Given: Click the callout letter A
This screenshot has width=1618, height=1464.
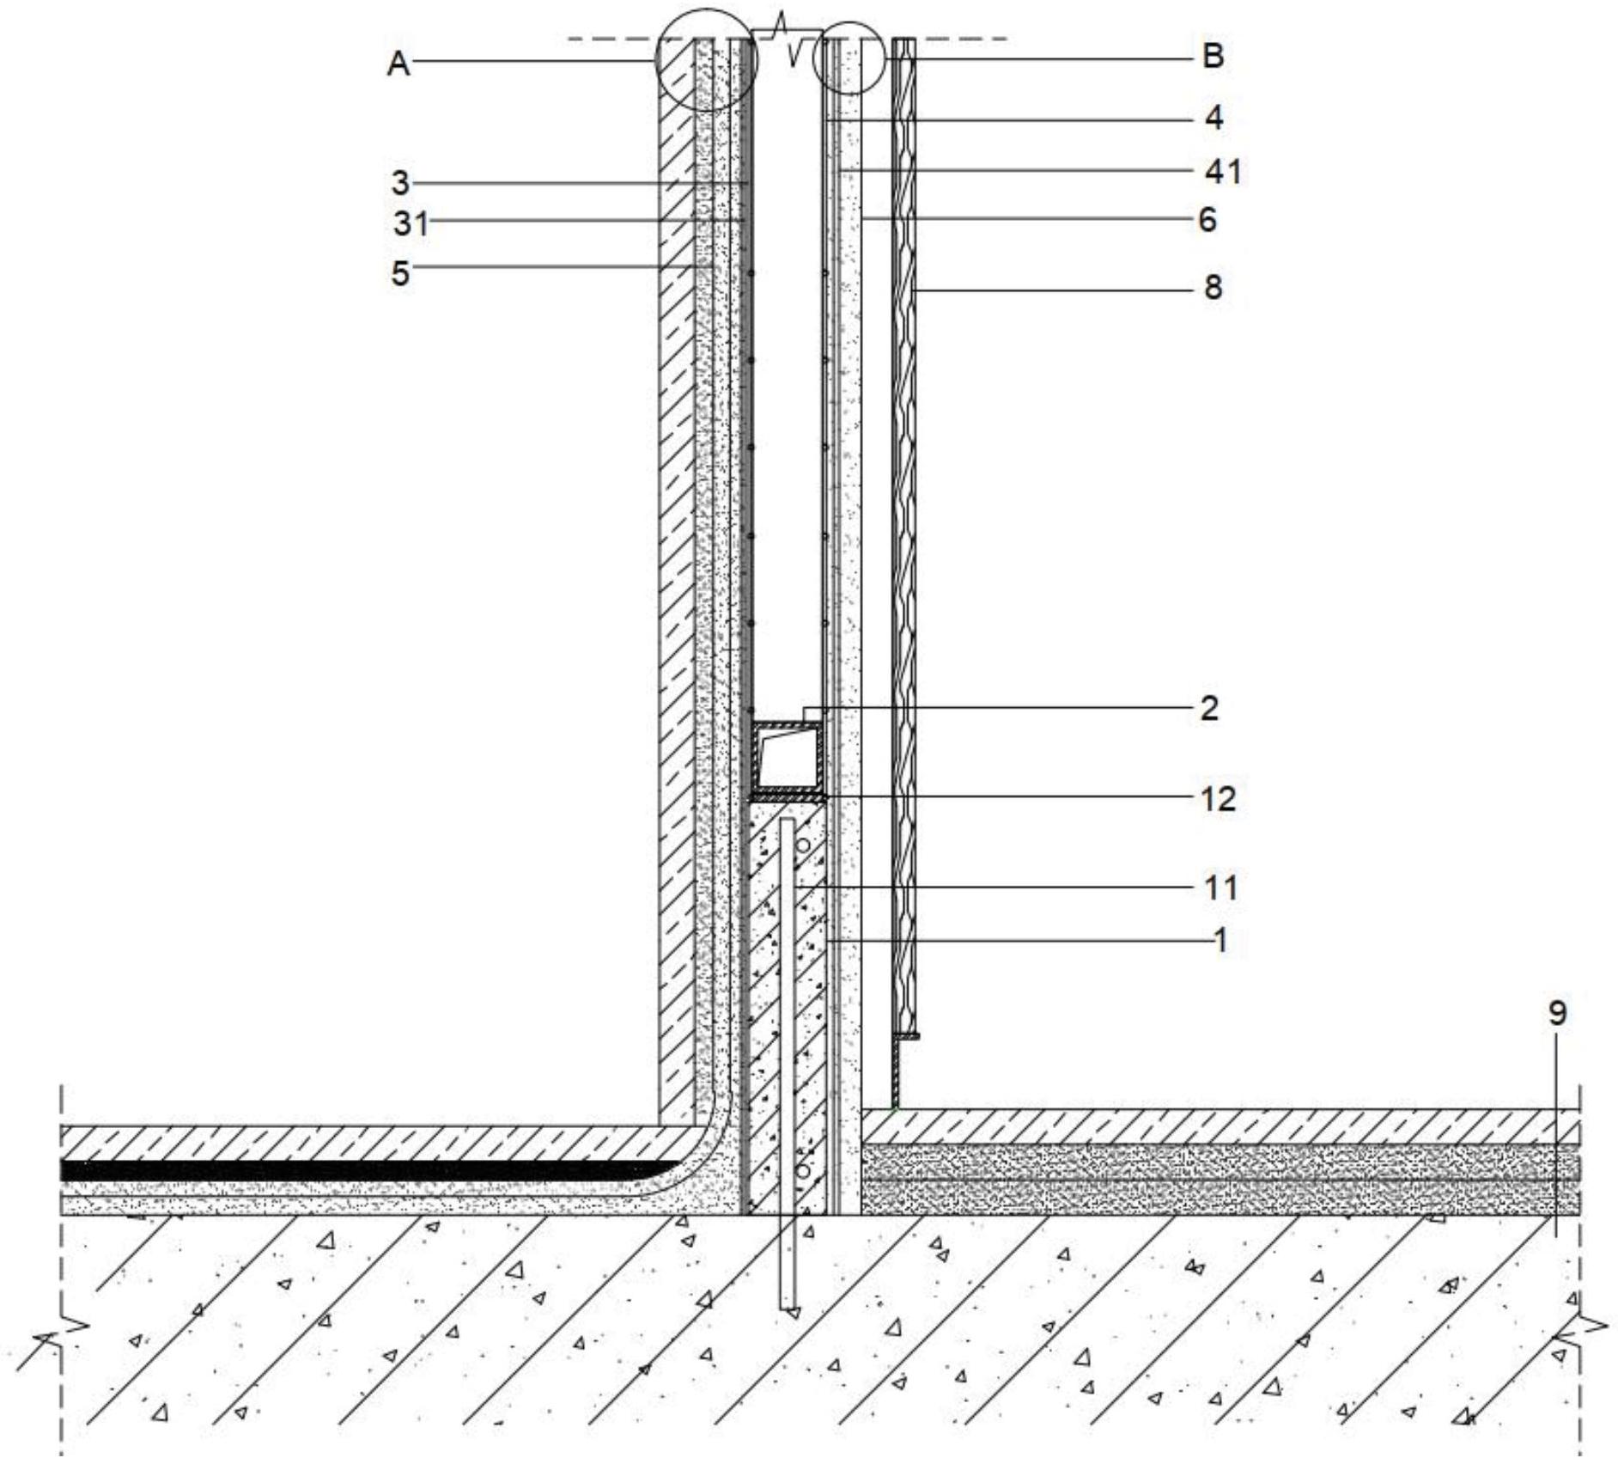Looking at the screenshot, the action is [398, 64].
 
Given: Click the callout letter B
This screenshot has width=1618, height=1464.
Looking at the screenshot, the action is [1213, 56].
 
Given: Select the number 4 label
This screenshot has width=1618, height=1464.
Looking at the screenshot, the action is [1213, 117].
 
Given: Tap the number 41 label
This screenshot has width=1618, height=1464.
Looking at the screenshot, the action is [1223, 172].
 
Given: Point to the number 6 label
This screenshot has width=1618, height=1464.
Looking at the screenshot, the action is [1207, 220].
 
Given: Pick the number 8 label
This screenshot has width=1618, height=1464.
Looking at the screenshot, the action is [1213, 287].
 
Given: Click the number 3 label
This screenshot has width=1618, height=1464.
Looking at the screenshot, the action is [400, 183].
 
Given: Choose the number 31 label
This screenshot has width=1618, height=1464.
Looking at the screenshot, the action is [411, 224].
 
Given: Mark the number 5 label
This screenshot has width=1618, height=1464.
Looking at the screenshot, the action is [400, 274].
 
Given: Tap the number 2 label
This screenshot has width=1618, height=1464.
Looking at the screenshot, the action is [1209, 709].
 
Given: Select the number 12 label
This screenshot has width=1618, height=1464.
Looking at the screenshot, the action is [1219, 799].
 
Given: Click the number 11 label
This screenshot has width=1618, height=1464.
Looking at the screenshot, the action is [1220, 887].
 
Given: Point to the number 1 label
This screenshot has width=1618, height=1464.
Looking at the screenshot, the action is [1220, 941].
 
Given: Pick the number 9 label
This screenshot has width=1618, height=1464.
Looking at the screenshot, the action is [1557, 1014].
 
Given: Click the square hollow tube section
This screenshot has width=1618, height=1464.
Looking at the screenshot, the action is [785, 757].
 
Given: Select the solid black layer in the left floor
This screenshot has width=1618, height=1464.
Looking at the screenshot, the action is [361, 1169].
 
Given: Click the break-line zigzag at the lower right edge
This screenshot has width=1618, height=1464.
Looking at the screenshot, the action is [1588, 1327].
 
